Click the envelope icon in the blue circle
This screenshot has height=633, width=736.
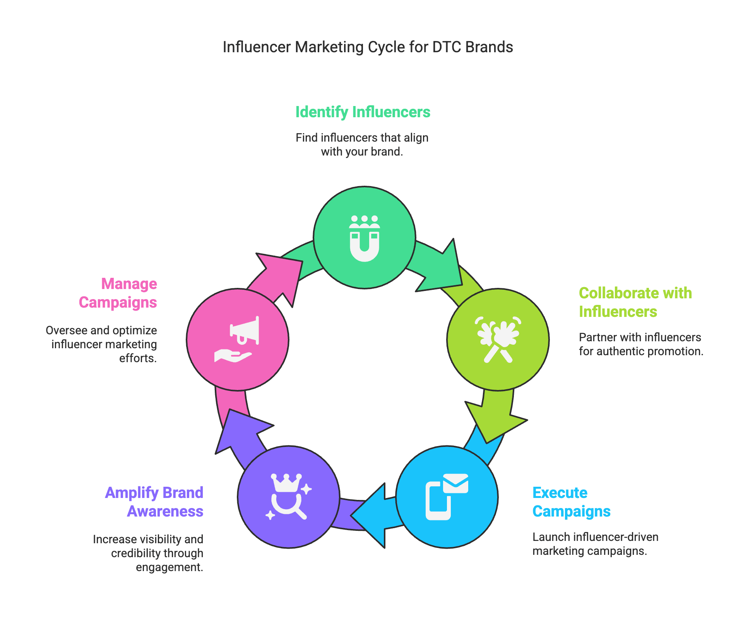click(x=455, y=483)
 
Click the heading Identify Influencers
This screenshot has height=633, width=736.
click(x=363, y=112)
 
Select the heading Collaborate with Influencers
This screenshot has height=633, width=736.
click(x=635, y=302)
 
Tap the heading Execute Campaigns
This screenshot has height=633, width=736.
click(x=571, y=502)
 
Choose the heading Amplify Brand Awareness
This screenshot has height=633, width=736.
click(x=154, y=502)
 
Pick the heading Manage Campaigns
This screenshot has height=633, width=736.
click(x=118, y=293)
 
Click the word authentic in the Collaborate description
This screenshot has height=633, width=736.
click(x=619, y=351)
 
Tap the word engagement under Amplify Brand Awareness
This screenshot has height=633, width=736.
click(x=169, y=567)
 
